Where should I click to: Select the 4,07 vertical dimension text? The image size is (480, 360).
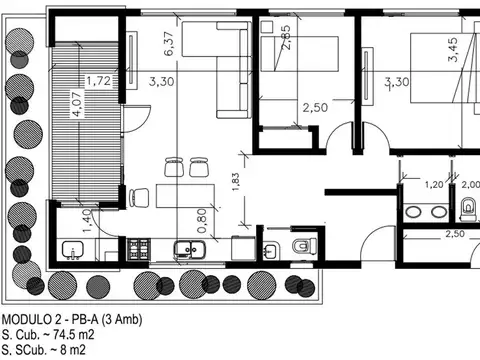point(77,105)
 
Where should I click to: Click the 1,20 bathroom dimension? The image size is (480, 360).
point(434,185)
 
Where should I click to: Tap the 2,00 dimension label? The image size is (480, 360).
point(468,185)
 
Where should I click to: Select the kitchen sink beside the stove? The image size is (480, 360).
point(185,250)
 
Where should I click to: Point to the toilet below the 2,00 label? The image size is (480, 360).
point(468,208)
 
